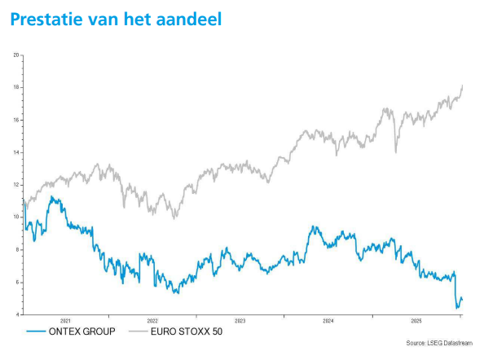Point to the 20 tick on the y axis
tap(15, 55)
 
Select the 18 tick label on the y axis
tap(15, 87)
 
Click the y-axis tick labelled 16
tap(15, 120)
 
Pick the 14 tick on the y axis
tap(15, 152)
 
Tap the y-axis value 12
tap(15, 185)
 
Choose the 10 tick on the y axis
tap(15, 217)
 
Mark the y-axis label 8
tap(17, 249)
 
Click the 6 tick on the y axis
tap(17, 282)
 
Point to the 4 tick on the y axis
tap(17, 314)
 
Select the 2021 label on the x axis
tap(66, 320)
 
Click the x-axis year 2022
tap(153, 320)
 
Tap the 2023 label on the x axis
tap(240, 320)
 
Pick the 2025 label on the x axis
tap(416, 320)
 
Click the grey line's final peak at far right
tap(463, 86)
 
